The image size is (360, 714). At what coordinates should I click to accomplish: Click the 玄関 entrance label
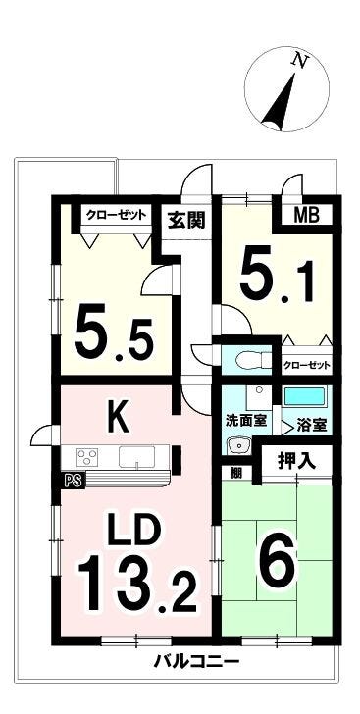[187, 220]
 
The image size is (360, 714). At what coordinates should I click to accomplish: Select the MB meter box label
[306, 215]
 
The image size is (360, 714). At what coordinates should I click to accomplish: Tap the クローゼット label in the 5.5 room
[116, 214]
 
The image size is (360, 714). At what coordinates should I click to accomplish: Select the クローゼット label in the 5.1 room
[306, 365]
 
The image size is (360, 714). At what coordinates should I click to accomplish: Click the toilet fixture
[252, 361]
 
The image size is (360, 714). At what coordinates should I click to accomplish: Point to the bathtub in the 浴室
[304, 396]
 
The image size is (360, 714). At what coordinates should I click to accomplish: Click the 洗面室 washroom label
[246, 421]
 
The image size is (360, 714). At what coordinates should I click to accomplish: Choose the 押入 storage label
[297, 462]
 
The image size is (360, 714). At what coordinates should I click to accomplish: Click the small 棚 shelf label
[235, 472]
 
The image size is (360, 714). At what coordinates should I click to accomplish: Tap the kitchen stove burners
[86, 456]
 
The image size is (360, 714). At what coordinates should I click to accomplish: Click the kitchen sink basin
[136, 456]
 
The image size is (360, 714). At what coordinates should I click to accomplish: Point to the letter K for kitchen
[119, 415]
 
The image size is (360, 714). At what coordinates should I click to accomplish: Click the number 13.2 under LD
[137, 584]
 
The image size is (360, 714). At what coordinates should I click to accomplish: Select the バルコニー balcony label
[196, 660]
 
